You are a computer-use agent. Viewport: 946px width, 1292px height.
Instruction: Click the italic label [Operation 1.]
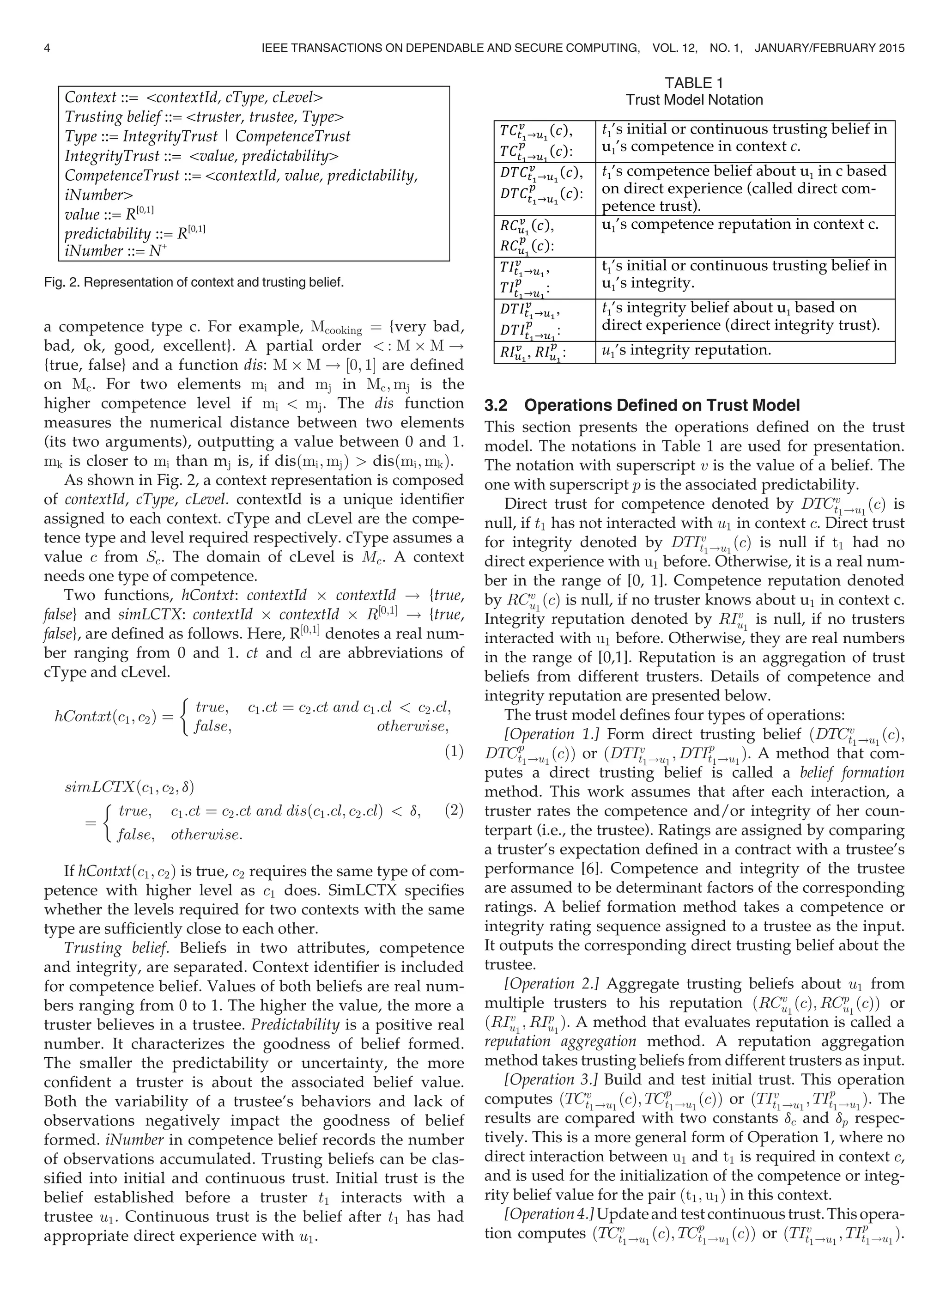[x=552, y=735]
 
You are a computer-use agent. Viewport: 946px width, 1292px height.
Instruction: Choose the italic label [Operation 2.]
[x=552, y=984]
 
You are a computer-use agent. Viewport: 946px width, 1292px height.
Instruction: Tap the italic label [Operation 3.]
[x=552, y=1079]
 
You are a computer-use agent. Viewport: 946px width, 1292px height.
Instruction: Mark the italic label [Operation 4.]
[x=550, y=1213]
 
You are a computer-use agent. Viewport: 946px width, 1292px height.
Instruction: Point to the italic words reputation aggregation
[x=560, y=1041]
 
